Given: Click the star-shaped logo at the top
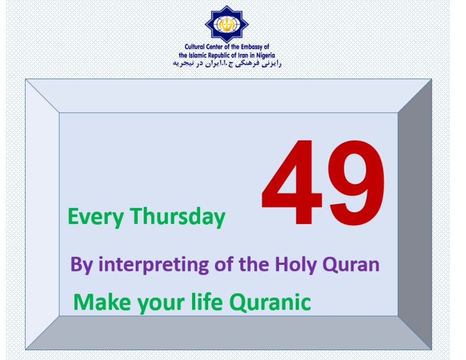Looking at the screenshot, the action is point(227,24).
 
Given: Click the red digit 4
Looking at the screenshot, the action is point(292,182).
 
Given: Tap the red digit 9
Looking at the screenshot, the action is point(356,182).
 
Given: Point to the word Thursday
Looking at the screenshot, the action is point(177,216).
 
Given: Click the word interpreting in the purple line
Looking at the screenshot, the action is point(153,265).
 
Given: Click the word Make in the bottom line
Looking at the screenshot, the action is point(102,302).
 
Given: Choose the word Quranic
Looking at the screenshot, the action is point(270,302).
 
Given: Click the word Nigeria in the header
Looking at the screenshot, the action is point(265,55).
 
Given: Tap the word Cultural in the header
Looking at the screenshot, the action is point(195,46).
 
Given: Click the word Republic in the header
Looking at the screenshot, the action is point(220,55).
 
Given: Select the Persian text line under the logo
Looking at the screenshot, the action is point(227,63).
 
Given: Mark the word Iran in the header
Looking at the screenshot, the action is point(243,55).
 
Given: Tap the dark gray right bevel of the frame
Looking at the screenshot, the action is point(415,214).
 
